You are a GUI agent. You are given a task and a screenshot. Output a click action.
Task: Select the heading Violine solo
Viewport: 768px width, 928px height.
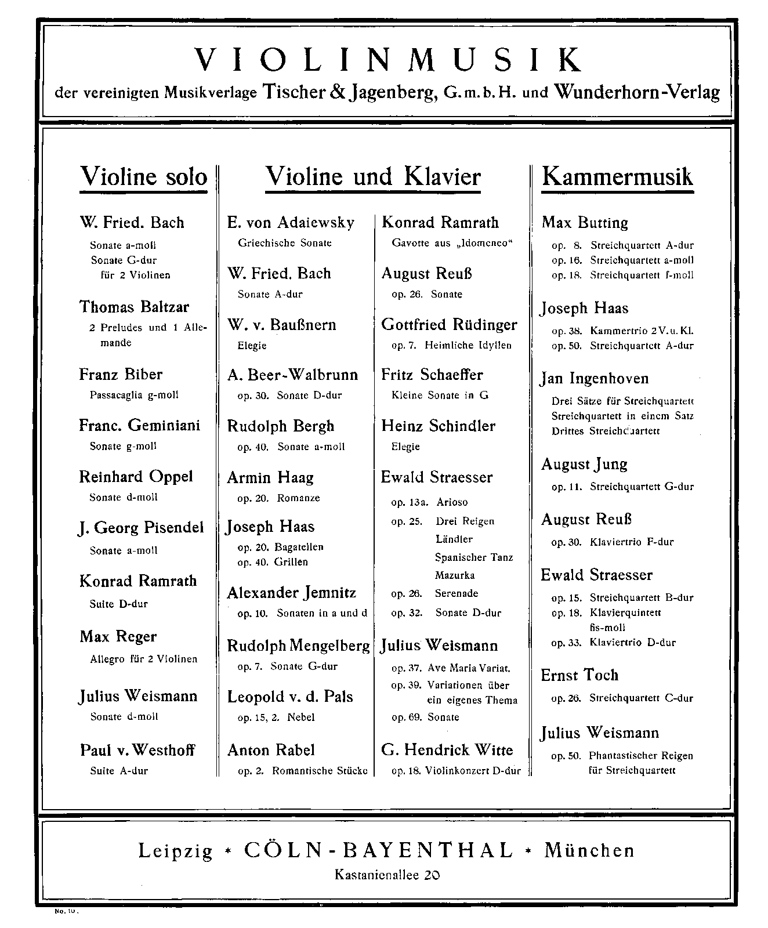(143, 176)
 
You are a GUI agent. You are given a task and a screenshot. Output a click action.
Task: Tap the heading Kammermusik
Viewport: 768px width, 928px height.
(617, 176)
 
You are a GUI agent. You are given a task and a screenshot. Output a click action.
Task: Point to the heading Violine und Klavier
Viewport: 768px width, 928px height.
(373, 176)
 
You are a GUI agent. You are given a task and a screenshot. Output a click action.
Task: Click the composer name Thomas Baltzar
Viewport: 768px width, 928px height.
(134, 307)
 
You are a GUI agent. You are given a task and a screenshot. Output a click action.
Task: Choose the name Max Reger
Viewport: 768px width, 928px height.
(118, 637)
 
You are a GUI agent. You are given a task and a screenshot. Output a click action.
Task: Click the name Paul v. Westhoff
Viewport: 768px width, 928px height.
(137, 750)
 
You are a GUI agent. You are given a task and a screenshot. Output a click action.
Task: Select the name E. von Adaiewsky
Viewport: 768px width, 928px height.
(291, 223)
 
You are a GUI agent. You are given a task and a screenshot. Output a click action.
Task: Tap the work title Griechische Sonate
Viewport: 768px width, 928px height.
(284, 243)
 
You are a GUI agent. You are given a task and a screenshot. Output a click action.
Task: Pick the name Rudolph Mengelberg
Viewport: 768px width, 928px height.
(298, 646)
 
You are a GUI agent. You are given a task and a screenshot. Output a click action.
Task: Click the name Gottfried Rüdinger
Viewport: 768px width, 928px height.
(449, 325)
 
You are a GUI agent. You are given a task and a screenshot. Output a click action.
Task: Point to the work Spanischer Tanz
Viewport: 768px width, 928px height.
(474, 557)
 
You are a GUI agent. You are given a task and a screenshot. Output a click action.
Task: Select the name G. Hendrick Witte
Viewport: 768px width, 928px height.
(447, 750)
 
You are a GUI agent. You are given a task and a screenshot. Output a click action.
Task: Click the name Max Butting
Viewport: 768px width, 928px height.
(585, 223)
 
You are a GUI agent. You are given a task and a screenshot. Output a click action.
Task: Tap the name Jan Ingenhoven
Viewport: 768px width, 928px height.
(595, 379)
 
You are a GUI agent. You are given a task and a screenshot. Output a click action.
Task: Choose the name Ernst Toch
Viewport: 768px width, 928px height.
(579, 675)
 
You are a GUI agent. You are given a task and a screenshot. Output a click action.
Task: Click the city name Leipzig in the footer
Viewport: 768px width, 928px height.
(175, 851)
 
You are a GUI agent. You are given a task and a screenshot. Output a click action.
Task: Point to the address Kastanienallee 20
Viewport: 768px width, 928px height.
(387, 874)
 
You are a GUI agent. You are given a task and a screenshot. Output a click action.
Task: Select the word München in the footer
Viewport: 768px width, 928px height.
(589, 851)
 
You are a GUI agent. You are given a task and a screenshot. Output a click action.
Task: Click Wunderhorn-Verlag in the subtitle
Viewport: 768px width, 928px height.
(637, 92)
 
